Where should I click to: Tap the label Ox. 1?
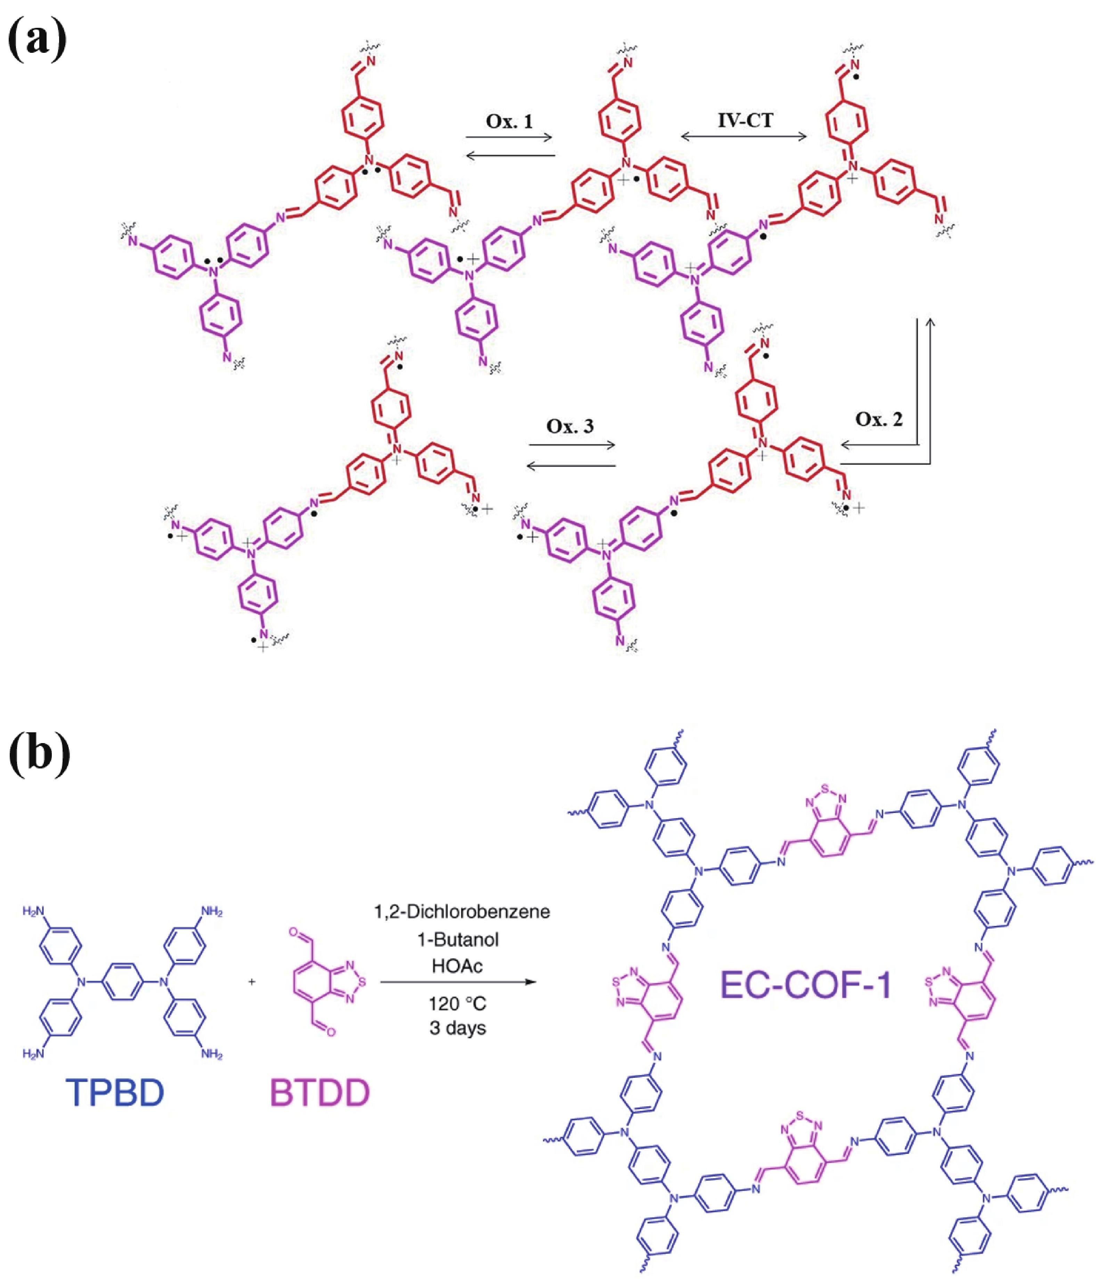tap(509, 121)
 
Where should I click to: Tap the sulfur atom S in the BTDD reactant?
tap(362, 981)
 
